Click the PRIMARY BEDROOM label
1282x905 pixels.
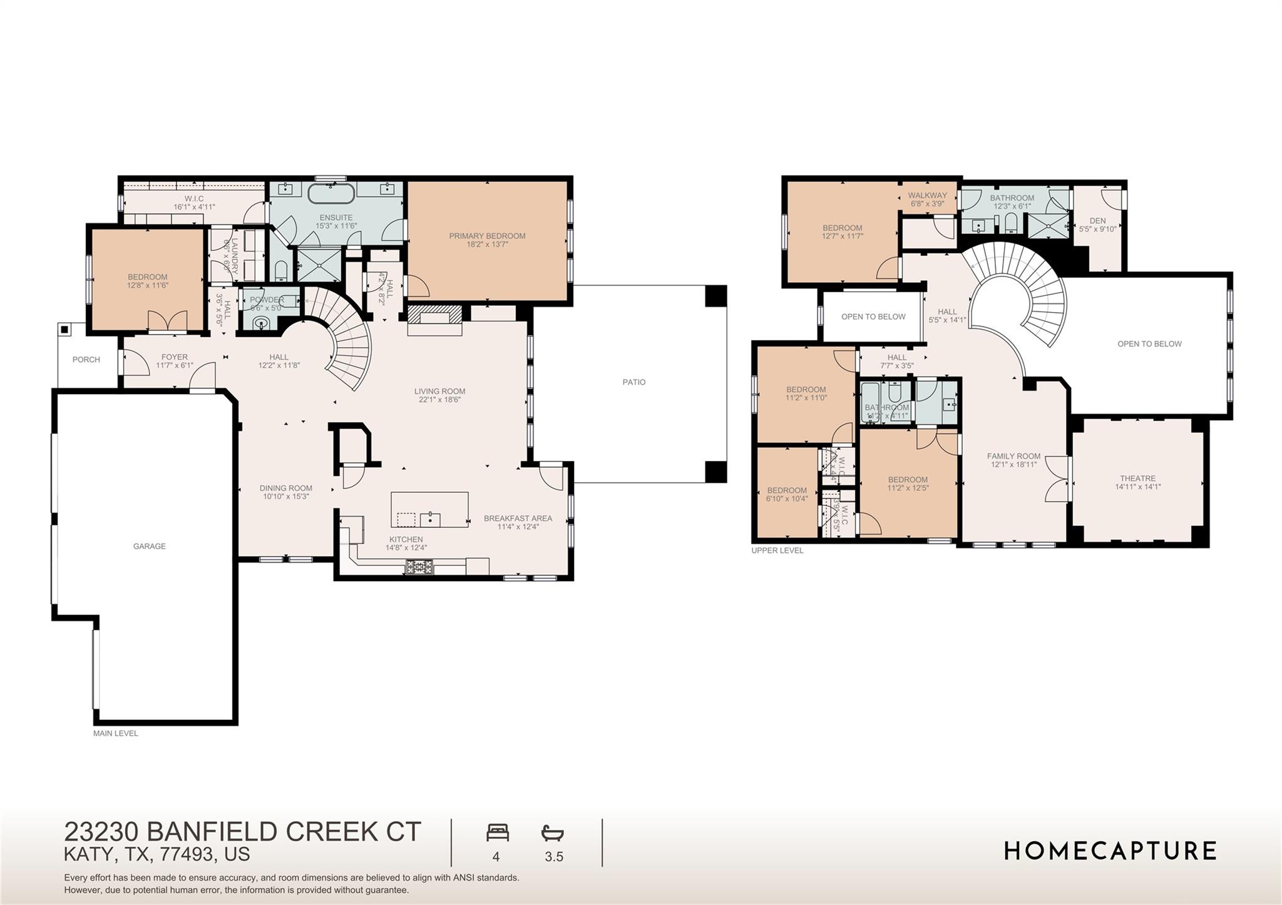[x=487, y=236]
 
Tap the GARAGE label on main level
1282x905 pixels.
[x=149, y=546]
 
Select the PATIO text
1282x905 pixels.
[x=633, y=382]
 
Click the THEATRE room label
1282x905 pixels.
[x=1137, y=478]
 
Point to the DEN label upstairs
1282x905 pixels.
[x=1097, y=221]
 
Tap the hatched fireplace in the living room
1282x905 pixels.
[x=434, y=312]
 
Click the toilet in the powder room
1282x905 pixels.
[x=264, y=323]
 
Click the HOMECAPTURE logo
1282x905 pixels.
[x=1110, y=851]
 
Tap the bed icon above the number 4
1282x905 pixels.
[x=498, y=833]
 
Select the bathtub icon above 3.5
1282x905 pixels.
[x=553, y=833]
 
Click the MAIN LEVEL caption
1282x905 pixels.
[x=116, y=733]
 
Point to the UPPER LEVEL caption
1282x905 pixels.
[x=777, y=550]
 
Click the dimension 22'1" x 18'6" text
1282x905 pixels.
[x=439, y=400]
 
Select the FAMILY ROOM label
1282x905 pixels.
[x=1013, y=456]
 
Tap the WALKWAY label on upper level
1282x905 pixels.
[x=927, y=195]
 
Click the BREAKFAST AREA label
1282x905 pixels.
[x=518, y=518]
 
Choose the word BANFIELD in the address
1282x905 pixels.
[x=213, y=832]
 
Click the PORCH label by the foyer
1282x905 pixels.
[x=86, y=360]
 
